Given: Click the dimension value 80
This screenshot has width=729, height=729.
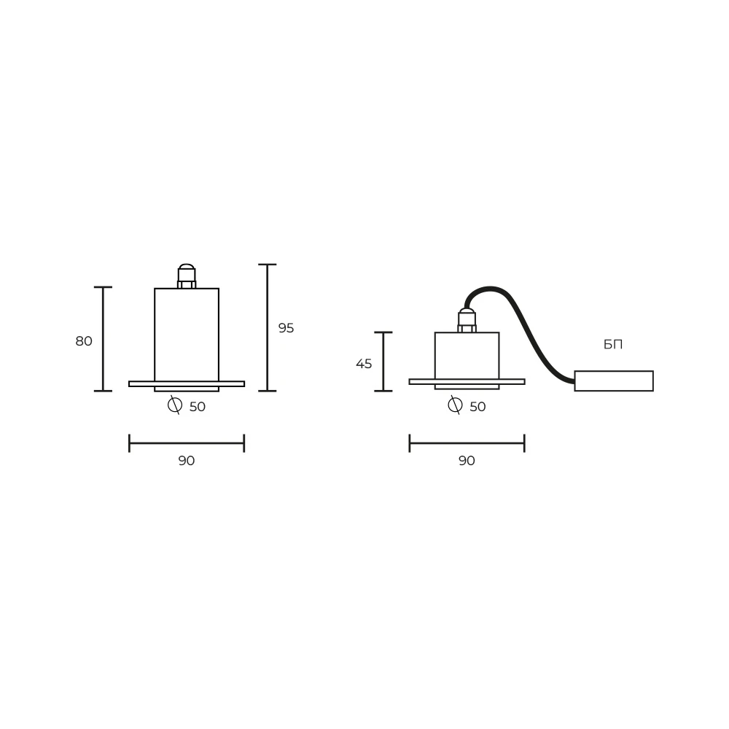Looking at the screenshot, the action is tap(84, 341).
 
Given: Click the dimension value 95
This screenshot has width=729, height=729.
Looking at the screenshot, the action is tap(286, 328).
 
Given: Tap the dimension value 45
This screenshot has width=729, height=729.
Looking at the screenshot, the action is tap(364, 364).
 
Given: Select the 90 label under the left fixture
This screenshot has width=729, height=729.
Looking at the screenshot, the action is tap(187, 461).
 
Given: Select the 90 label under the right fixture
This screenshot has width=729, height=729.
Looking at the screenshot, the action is tap(467, 461).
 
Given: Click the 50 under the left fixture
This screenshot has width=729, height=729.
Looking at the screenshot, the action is tap(198, 407).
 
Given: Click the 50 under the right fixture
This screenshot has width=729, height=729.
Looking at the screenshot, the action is tap(478, 407).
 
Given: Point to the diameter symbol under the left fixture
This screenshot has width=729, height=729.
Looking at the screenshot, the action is tap(175, 405).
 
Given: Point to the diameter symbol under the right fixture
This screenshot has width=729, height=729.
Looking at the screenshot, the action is tap(455, 405).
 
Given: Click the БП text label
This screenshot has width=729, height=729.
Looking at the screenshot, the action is tap(613, 345).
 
